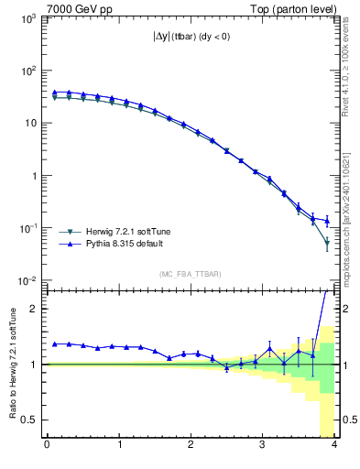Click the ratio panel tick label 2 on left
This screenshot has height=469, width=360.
click(x=32, y=309)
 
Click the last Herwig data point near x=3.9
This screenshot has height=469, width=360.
click(x=327, y=243)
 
